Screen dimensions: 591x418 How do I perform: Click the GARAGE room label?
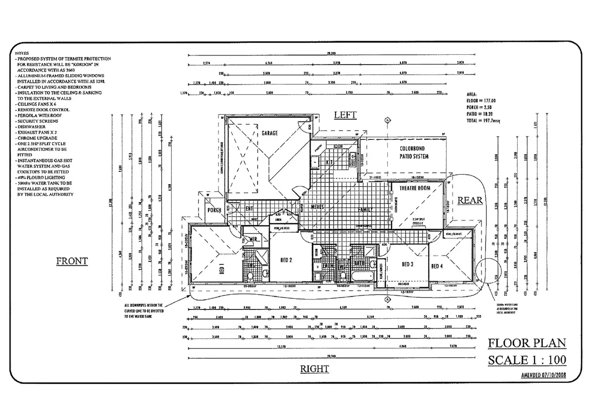point(269,133)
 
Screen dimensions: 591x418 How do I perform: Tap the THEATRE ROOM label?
point(415,188)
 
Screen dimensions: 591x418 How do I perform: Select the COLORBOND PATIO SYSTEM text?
point(414,152)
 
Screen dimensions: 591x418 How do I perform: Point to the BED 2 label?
point(286,260)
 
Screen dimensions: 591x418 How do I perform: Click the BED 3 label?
point(407,264)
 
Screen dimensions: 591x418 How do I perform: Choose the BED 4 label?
point(437,266)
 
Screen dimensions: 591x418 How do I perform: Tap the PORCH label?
point(214,210)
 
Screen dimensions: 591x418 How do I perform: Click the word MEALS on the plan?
point(317,207)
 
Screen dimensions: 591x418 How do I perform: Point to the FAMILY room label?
point(365,209)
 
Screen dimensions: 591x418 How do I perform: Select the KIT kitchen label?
point(329,162)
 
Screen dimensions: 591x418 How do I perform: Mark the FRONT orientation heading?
point(72,261)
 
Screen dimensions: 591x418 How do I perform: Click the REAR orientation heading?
point(470,200)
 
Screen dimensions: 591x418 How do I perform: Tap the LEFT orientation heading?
point(345,115)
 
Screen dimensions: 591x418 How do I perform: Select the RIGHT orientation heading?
point(314,369)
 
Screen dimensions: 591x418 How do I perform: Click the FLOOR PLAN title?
point(527,343)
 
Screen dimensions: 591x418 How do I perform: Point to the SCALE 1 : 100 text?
point(527,360)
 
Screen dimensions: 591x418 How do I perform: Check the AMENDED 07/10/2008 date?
point(543,375)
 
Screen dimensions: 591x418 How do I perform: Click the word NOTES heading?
point(22,53)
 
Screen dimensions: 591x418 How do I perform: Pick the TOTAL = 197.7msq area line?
point(483,121)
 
